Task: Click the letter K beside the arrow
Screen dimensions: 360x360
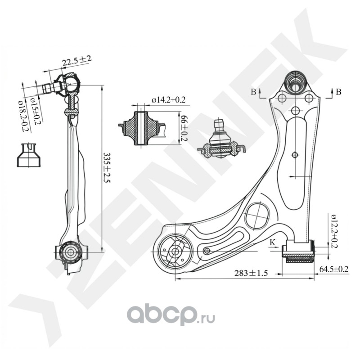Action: click(x=272, y=243)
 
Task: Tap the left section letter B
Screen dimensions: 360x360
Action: click(x=254, y=92)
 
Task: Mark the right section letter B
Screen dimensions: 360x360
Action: click(x=338, y=92)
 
